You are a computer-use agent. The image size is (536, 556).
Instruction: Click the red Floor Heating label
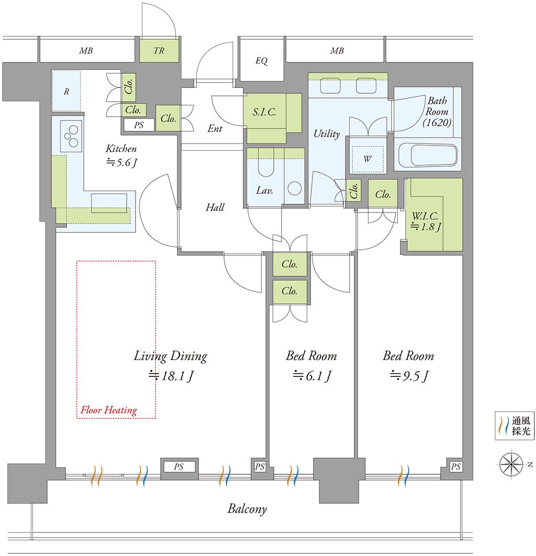(108, 410)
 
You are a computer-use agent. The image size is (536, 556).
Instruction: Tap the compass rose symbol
(511, 464)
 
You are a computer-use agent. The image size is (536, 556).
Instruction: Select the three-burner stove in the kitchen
(71, 136)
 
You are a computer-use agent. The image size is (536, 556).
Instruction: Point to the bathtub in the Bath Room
(428, 155)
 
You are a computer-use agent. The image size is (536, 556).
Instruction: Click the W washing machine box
(367, 159)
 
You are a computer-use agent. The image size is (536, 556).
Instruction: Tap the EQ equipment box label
(261, 61)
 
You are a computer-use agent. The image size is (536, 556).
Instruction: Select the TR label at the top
(159, 51)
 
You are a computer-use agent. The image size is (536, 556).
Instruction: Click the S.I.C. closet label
(264, 113)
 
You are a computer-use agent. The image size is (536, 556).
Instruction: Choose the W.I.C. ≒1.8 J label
(426, 221)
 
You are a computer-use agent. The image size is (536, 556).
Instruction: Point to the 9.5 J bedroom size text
(409, 375)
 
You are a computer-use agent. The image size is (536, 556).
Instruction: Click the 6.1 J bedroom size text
(312, 375)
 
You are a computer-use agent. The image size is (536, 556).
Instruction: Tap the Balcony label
(247, 509)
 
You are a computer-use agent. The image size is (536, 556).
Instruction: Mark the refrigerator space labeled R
(66, 91)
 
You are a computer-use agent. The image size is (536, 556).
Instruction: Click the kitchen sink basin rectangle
(109, 203)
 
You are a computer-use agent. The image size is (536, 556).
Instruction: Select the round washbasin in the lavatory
(295, 188)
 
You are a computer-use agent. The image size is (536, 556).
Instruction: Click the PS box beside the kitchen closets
(139, 125)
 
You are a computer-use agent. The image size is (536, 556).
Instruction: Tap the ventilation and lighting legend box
(515, 426)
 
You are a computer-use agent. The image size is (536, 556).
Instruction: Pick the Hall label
(215, 207)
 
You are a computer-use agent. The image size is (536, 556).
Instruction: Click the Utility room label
(327, 134)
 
